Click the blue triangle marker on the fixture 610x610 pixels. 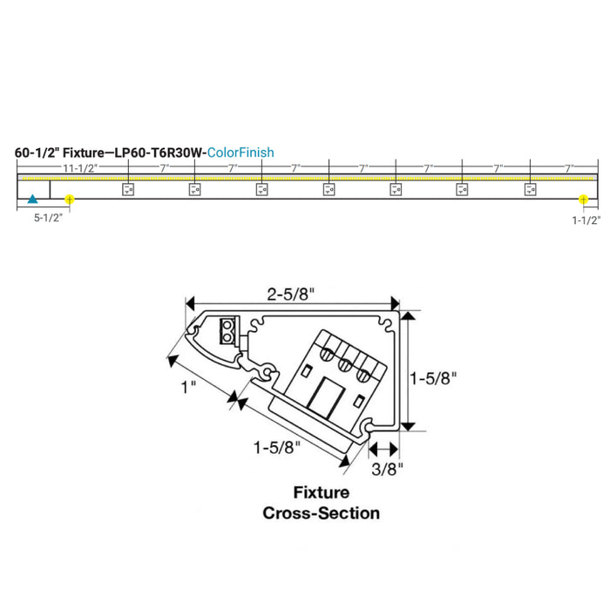[32, 199]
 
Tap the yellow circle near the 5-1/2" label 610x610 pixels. [70, 199]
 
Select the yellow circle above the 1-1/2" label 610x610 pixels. [580, 199]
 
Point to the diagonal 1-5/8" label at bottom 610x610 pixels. [277, 448]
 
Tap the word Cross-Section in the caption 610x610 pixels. [321, 513]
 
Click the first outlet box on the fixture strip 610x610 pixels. [126, 188]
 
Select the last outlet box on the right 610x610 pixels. [529, 188]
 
